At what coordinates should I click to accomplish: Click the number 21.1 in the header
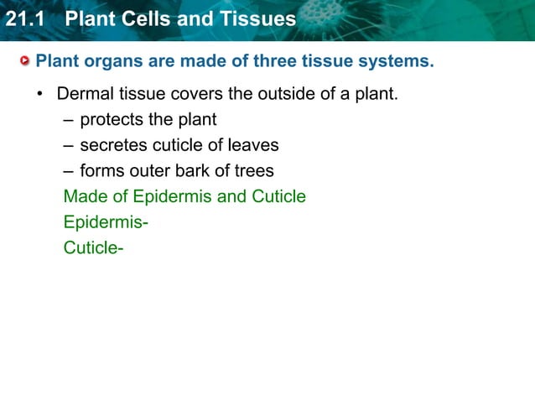click(23, 18)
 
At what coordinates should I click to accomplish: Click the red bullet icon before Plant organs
click(26, 61)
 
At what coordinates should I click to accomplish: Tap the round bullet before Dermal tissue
click(39, 94)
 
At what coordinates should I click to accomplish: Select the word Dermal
click(85, 94)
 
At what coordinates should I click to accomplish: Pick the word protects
click(115, 120)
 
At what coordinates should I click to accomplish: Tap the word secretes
click(116, 145)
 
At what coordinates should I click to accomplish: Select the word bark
click(194, 171)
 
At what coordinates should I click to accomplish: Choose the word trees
click(252, 171)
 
